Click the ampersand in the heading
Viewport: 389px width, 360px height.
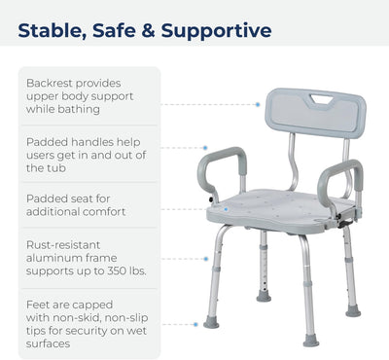pos(149,31)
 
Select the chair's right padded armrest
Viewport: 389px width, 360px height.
pos(345,175)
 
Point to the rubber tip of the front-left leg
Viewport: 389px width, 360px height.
pos(211,321)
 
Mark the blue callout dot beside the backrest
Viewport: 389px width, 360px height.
pos(257,103)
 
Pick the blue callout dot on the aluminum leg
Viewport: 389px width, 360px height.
pos(206,259)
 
